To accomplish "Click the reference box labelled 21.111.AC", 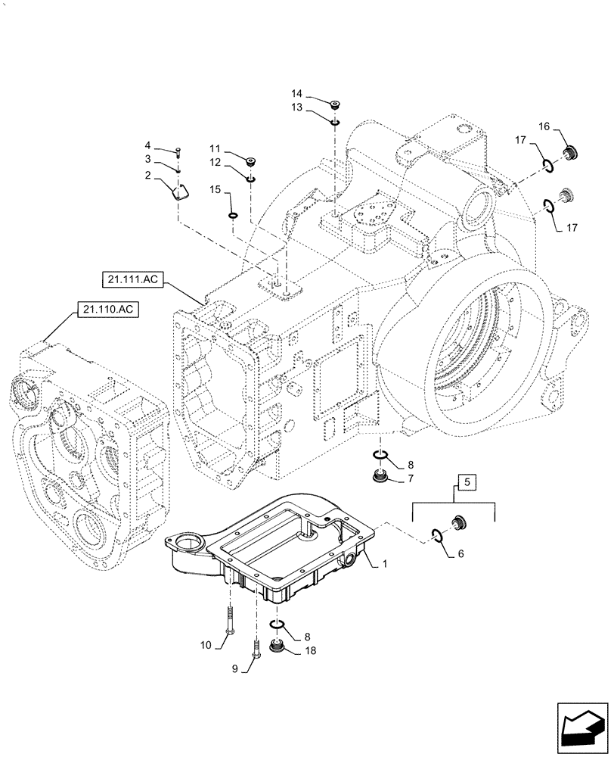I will (x=131, y=281).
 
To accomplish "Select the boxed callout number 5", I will (x=466, y=481).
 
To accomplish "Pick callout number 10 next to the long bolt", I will (x=206, y=644).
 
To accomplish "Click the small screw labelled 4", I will (x=178, y=151).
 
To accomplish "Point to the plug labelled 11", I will (x=250, y=160).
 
